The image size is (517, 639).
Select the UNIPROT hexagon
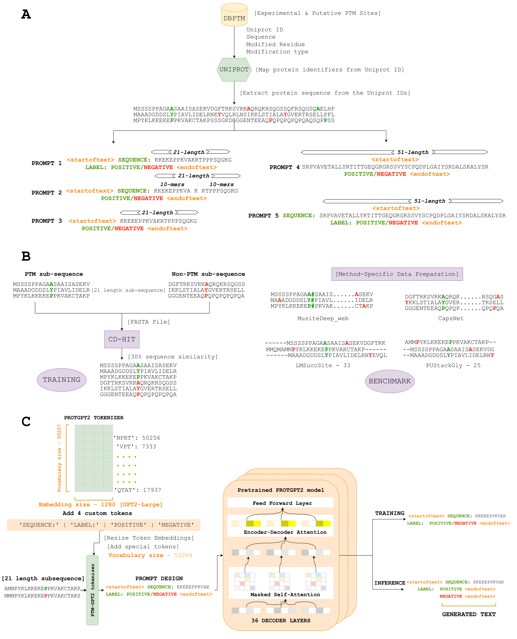click(234, 70)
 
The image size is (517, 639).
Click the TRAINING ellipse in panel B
click(62, 380)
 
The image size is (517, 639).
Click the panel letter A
click(26, 14)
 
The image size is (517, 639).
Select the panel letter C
click(26, 422)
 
